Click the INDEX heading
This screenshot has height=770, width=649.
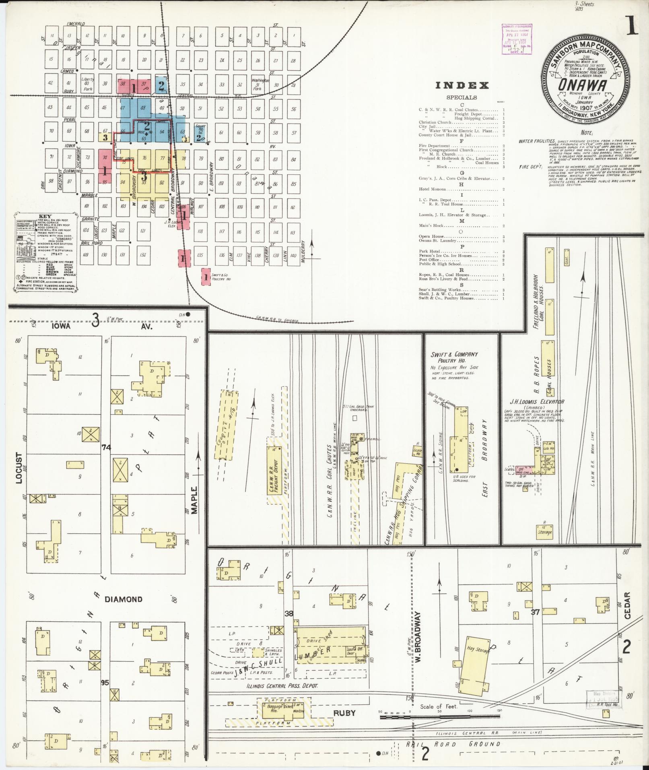point(462,85)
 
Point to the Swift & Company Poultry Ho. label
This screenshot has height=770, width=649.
point(454,357)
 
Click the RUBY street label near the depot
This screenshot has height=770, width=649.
point(344,712)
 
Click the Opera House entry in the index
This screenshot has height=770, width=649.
point(432,237)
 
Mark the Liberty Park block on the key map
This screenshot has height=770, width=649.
point(88,83)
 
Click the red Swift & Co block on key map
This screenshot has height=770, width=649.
point(206,277)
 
